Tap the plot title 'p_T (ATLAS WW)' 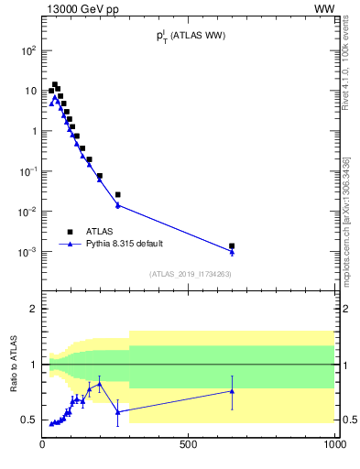point(190,36)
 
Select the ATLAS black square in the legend point(70,232)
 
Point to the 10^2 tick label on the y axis point(28,51)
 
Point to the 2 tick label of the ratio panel point(33,309)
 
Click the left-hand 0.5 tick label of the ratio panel point(29,420)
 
